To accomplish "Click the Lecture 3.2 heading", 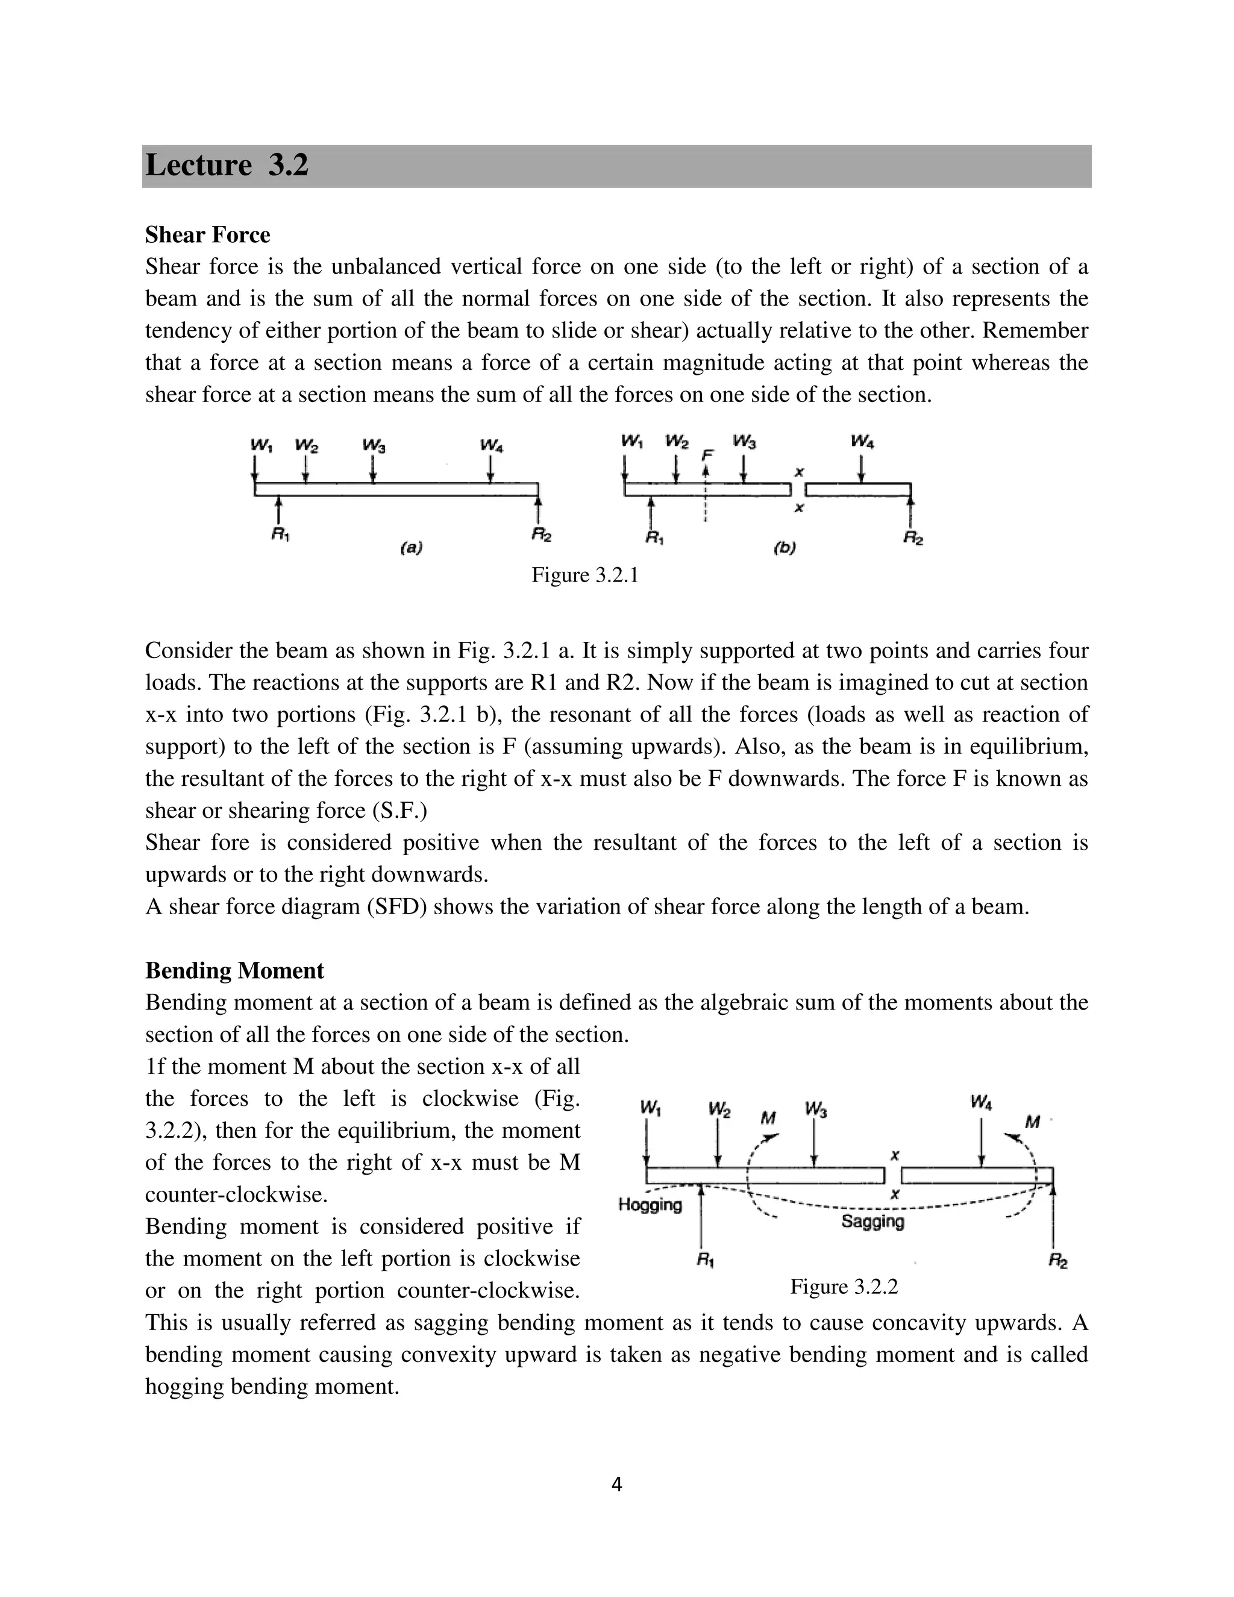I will pyautogui.click(x=227, y=165).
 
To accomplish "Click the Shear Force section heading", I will pyautogui.click(x=208, y=234).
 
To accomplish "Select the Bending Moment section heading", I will pyautogui.click(x=234, y=970).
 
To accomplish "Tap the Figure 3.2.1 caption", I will pyautogui.click(x=585, y=576).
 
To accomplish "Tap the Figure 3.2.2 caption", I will pyautogui.click(x=844, y=1287).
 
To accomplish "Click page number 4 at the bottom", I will pyautogui.click(x=616, y=1484).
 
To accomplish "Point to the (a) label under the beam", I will pyautogui.click(x=412, y=547).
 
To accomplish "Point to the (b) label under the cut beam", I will pyautogui.click(x=785, y=547).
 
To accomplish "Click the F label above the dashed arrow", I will pyautogui.click(x=706, y=455).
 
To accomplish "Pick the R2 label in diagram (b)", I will pyautogui.click(x=913, y=539).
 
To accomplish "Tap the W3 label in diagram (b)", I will pyautogui.click(x=744, y=442).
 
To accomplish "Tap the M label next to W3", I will pyautogui.click(x=768, y=1118).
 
